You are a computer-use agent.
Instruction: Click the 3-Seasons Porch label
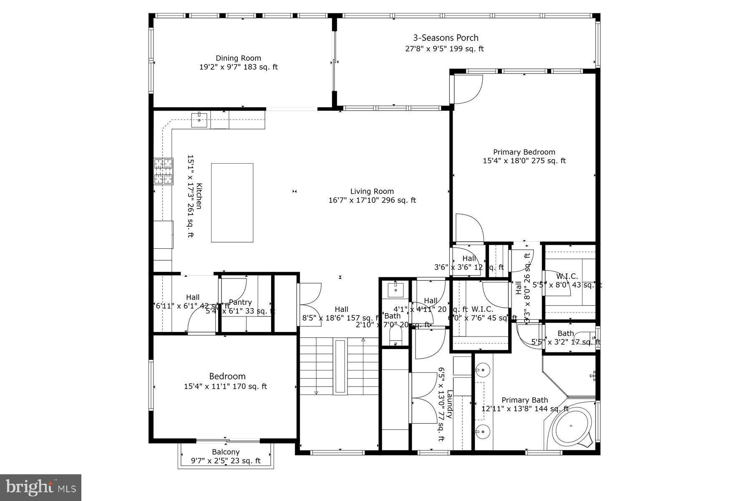click(x=446, y=38)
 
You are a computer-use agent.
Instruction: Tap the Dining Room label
click(x=238, y=58)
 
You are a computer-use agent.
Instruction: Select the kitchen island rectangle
click(x=232, y=203)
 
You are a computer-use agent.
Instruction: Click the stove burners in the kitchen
click(x=164, y=171)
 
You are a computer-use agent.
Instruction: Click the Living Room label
click(x=372, y=192)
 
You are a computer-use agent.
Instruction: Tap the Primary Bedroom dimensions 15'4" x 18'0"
click(x=524, y=161)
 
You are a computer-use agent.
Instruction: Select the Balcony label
click(x=226, y=452)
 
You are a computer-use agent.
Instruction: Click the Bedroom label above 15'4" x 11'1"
click(x=227, y=376)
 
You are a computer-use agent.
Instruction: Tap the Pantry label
click(x=240, y=302)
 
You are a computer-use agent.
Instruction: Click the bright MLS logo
click(x=40, y=487)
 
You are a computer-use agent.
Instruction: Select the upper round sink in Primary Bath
click(x=483, y=369)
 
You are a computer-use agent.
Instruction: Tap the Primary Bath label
click(x=524, y=400)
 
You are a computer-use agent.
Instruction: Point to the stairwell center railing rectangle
click(x=340, y=366)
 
